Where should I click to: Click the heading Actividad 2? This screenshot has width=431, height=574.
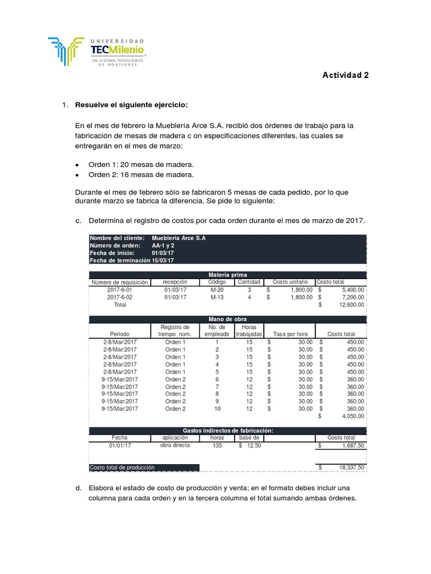(345, 75)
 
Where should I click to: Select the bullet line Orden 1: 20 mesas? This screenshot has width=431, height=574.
(141, 164)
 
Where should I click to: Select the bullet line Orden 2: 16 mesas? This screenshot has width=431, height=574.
(141, 174)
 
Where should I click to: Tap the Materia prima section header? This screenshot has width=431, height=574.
(227, 274)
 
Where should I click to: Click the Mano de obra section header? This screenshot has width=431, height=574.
(227, 319)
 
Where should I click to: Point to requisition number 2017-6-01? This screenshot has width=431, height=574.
(120, 289)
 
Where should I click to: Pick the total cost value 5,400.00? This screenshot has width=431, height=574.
(350, 289)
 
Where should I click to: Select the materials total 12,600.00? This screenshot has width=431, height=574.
(350, 305)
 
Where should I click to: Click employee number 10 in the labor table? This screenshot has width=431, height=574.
(217, 409)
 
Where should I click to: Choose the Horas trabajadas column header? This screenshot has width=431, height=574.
(248, 330)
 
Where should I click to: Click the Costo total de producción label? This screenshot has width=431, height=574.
(122, 467)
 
